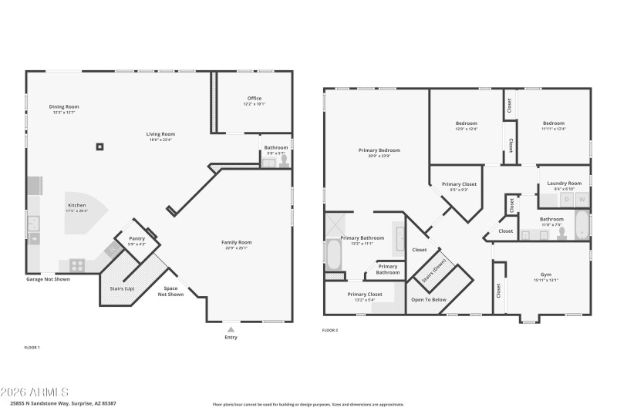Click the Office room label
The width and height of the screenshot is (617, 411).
click(x=255, y=98)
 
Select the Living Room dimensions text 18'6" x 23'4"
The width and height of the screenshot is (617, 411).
click(x=161, y=140)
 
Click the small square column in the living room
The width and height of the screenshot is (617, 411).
click(x=99, y=146)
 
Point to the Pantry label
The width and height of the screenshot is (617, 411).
click(x=137, y=239)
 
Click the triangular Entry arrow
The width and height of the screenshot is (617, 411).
click(x=231, y=329)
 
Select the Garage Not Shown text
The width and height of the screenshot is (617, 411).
click(x=48, y=279)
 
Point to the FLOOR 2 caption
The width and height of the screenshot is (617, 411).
click(x=330, y=330)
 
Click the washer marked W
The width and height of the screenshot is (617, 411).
click(x=582, y=200)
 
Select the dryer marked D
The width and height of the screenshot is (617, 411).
click(x=567, y=200)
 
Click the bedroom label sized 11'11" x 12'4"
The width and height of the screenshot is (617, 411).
click(x=553, y=123)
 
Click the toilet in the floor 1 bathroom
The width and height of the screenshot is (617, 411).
click(x=283, y=161)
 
